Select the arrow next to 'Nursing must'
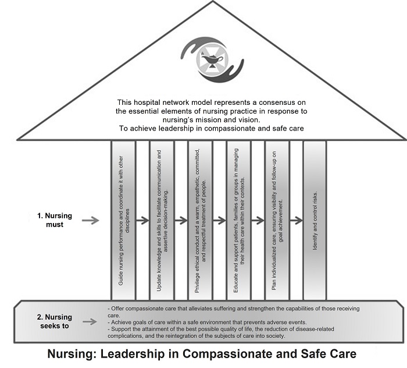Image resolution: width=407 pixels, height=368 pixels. pyautogui.click(x=92, y=220)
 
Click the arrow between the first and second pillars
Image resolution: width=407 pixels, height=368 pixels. pyautogui.click(x=142, y=220)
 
